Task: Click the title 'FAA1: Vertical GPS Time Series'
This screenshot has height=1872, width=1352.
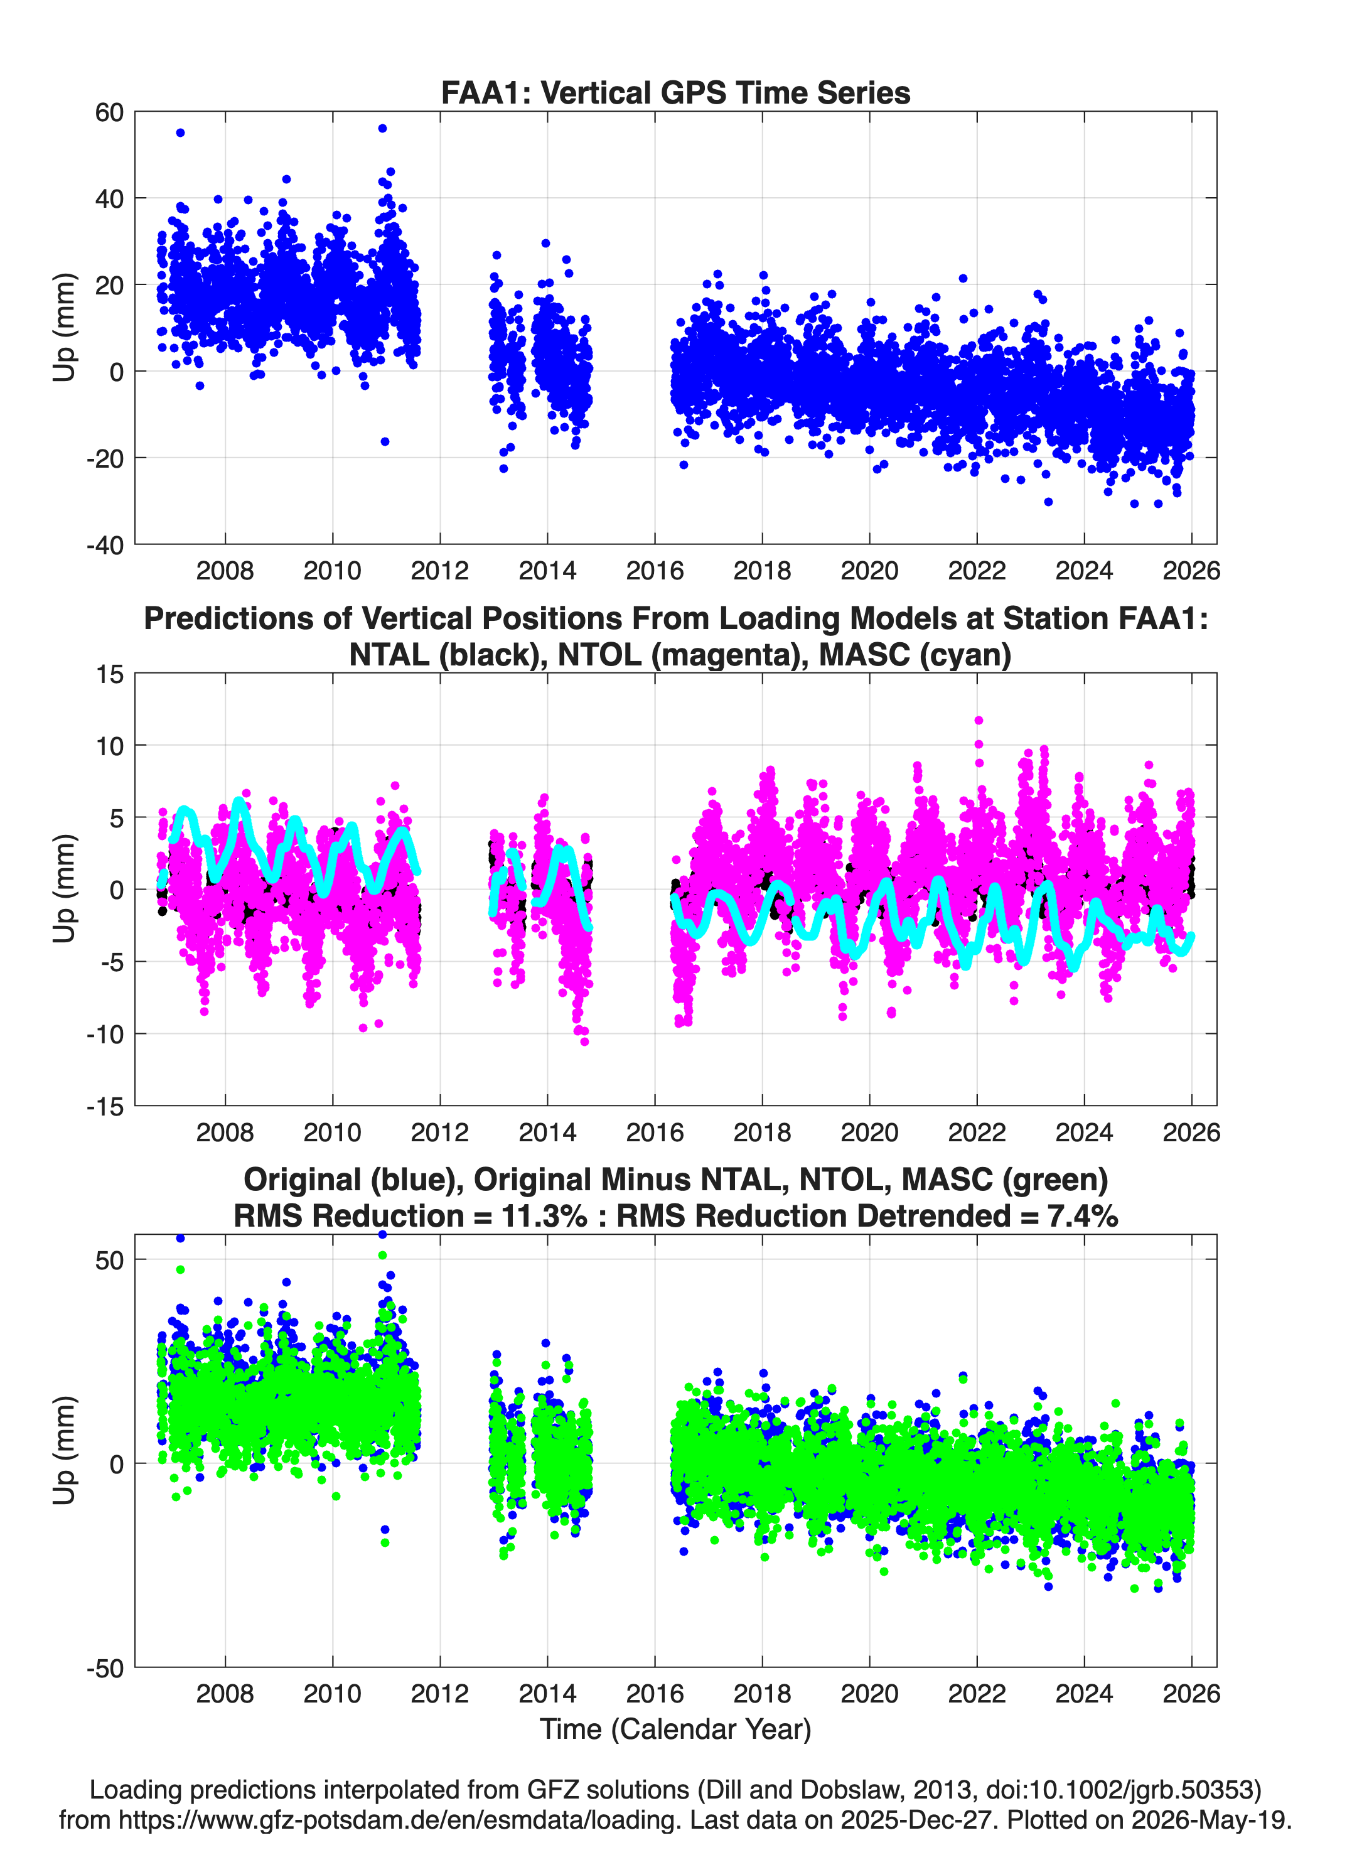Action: point(675,92)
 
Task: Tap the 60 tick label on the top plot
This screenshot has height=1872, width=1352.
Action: point(109,112)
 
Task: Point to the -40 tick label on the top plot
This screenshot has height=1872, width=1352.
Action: point(105,545)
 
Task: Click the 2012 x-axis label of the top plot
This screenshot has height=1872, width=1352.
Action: point(440,571)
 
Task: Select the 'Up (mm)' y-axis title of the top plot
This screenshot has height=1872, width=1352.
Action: point(65,328)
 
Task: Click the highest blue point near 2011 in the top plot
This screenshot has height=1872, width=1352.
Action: point(382,129)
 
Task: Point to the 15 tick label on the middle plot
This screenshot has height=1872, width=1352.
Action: point(110,674)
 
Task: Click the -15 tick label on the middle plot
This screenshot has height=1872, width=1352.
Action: point(105,1107)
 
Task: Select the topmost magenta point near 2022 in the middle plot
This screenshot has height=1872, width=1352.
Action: point(979,721)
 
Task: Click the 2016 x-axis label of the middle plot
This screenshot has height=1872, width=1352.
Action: point(655,1132)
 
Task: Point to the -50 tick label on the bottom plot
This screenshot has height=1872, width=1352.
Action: point(105,1669)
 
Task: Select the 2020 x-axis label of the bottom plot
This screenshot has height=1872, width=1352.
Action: point(869,1694)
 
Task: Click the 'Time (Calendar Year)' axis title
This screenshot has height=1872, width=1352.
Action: point(675,1729)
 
